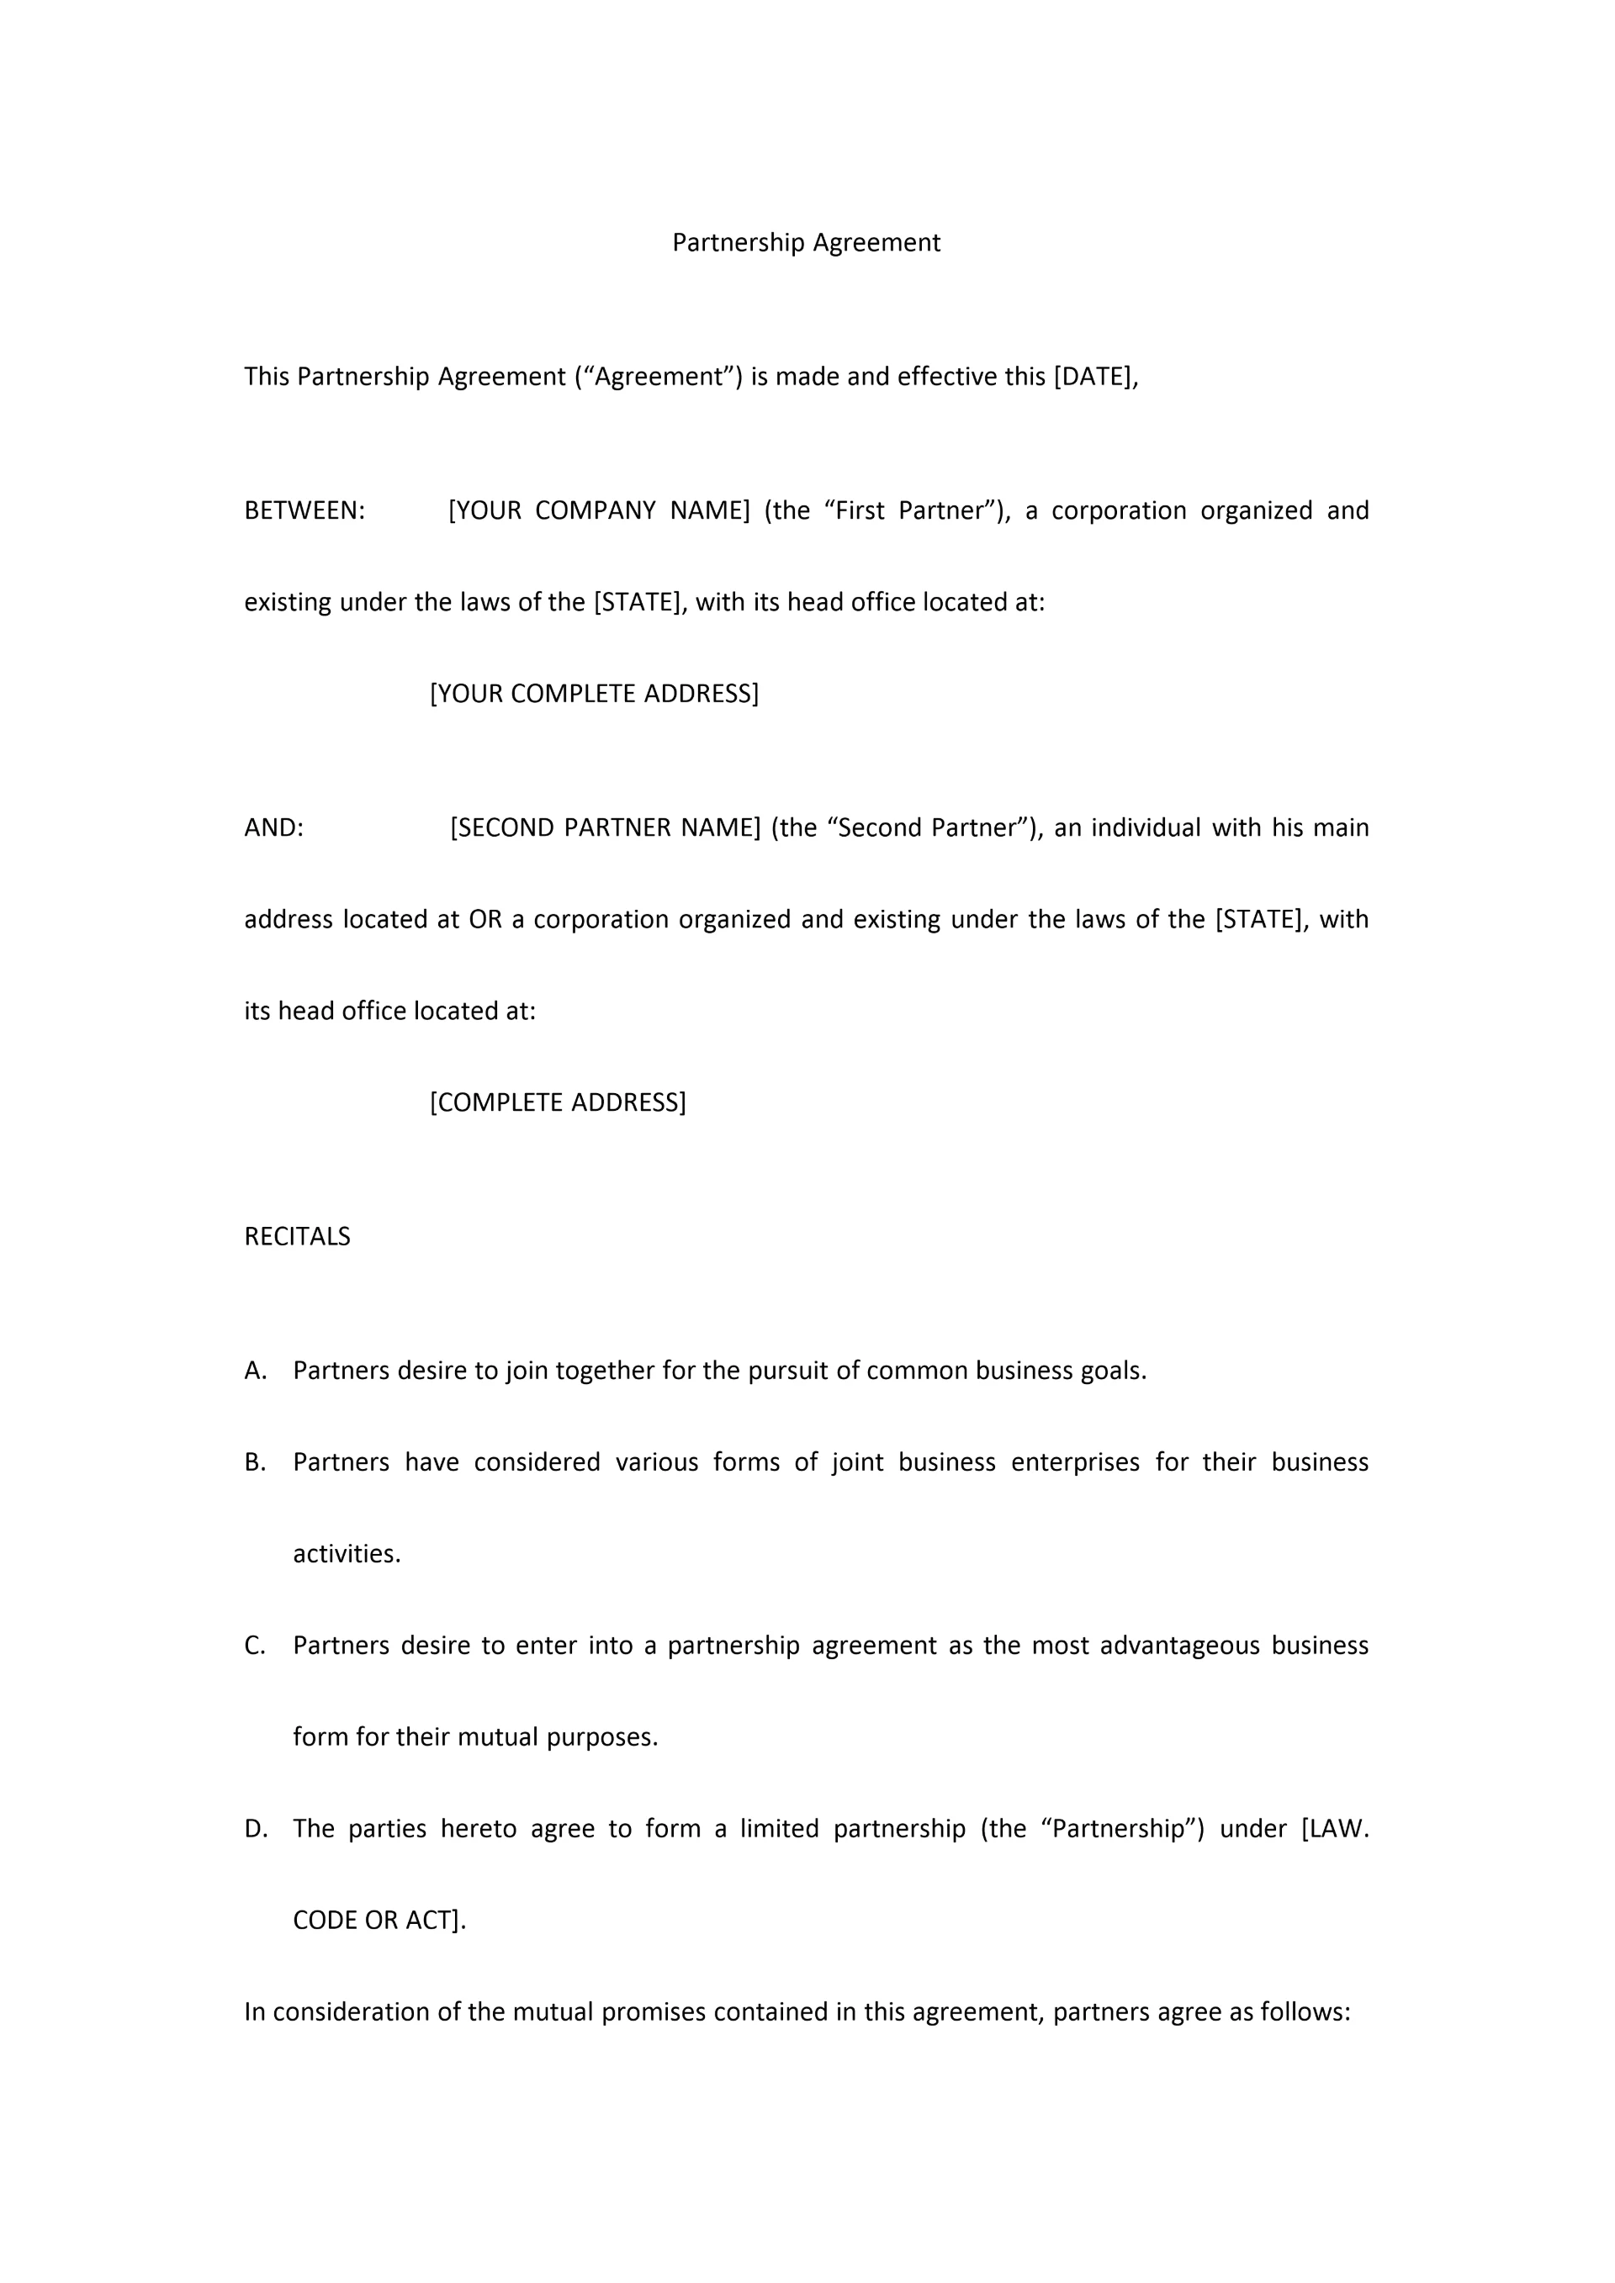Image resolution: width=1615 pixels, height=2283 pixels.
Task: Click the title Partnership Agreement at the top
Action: (x=806, y=243)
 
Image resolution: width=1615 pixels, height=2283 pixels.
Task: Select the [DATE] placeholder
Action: (x=1092, y=377)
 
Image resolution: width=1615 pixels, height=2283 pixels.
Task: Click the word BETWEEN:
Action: (x=304, y=511)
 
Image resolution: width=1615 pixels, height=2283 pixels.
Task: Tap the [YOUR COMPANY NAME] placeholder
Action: (x=599, y=511)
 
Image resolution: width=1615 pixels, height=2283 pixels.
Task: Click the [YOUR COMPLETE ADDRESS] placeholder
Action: (x=594, y=694)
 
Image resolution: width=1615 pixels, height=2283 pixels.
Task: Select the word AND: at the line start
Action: (x=273, y=828)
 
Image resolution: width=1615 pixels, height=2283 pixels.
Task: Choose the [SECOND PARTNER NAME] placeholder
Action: (x=605, y=828)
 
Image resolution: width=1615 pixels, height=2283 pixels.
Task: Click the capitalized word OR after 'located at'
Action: (x=485, y=920)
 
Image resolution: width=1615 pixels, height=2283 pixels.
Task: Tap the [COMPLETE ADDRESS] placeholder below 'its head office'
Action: (x=557, y=1102)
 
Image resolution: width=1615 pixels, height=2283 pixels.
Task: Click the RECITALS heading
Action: (x=297, y=1237)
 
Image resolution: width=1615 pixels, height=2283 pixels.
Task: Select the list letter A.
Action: (x=255, y=1371)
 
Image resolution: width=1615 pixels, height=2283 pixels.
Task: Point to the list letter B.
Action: (x=255, y=1462)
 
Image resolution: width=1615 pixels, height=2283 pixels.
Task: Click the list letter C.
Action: (x=255, y=1646)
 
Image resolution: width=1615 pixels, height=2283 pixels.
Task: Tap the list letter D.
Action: (x=256, y=1829)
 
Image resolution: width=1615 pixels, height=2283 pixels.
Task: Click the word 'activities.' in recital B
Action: (x=346, y=1554)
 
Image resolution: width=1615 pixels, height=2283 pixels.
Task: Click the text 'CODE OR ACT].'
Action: (x=379, y=1920)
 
